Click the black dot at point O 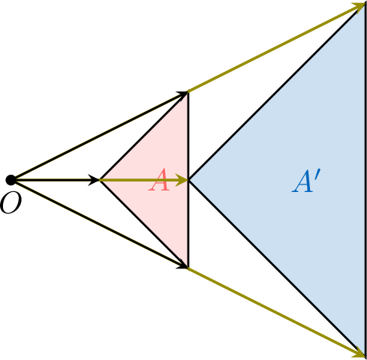11,180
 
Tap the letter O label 11,203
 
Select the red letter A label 159,180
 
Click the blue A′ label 305,181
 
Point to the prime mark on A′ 317,175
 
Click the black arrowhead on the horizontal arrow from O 95,180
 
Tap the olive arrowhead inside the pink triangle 182,180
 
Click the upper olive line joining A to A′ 276,48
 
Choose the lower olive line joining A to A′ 276,312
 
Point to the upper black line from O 100,136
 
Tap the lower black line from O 100,224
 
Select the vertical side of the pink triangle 188,180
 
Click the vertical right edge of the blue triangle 365,180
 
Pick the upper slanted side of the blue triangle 277,91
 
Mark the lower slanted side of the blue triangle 277,268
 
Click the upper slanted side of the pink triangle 144,136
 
